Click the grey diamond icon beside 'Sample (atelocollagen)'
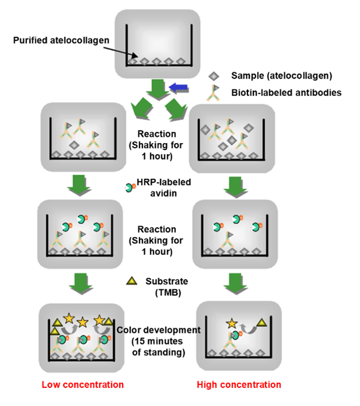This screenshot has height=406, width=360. click(x=215, y=76)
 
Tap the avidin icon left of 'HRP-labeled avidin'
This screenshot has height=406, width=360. click(x=130, y=188)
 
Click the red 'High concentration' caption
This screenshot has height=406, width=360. click(x=239, y=385)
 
